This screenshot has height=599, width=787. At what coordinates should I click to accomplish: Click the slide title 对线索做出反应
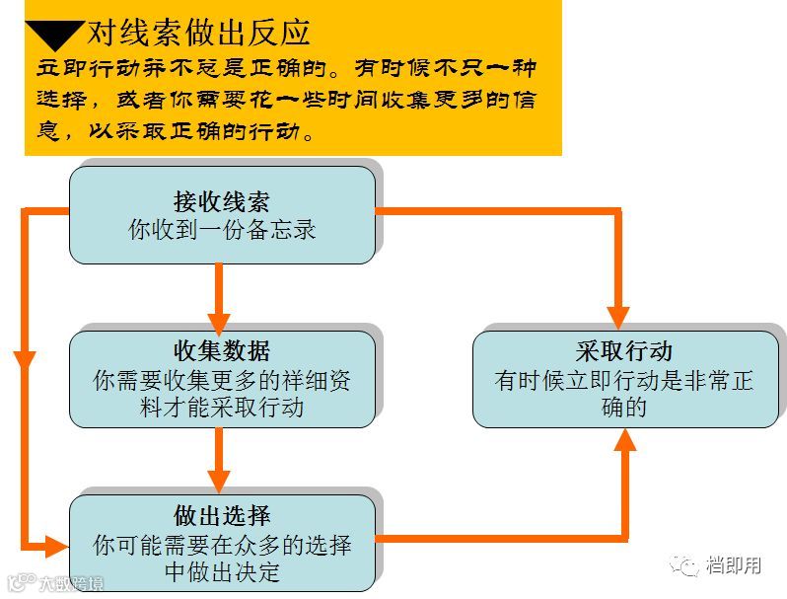pyautogui.click(x=199, y=33)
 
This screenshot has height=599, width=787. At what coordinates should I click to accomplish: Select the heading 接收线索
pyautogui.click(x=222, y=202)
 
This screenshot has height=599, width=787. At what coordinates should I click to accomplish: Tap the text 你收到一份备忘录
pyautogui.click(x=222, y=229)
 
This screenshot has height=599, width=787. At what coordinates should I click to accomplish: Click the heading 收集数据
pyautogui.click(x=222, y=351)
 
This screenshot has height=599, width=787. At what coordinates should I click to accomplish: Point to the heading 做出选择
pyautogui.click(x=222, y=516)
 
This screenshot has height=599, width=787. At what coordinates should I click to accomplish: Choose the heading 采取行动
pyautogui.click(x=624, y=351)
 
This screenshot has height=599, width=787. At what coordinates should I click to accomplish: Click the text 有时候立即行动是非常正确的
pyautogui.click(x=624, y=393)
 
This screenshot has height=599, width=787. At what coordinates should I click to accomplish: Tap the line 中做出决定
pyautogui.click(x=222, y=571)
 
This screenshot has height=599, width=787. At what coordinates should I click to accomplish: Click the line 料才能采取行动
pyautogui.click(x=222, y=407)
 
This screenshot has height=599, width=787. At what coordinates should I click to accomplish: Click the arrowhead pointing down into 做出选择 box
pyautogui.click(x=220, y=484)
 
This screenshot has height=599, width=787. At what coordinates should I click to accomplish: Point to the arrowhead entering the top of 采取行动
pyautogui.click(x=618, y=318)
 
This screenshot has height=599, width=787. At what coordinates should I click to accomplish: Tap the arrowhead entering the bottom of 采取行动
pyautogui.click(x=625, y=440)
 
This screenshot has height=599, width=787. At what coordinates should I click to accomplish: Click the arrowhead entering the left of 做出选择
pyautogui.click(x=57, y=542)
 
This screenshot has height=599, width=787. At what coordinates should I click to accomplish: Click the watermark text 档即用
pyautogui.click(x=735, y=565)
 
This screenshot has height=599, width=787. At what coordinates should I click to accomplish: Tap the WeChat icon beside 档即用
pyautogui.click(x=684, y=564)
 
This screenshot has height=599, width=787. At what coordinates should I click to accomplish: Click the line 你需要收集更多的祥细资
pyautogui.click(x=222, y=380)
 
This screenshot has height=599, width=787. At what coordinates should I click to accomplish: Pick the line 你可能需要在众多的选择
pyautogui.click(x=222, y=544)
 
